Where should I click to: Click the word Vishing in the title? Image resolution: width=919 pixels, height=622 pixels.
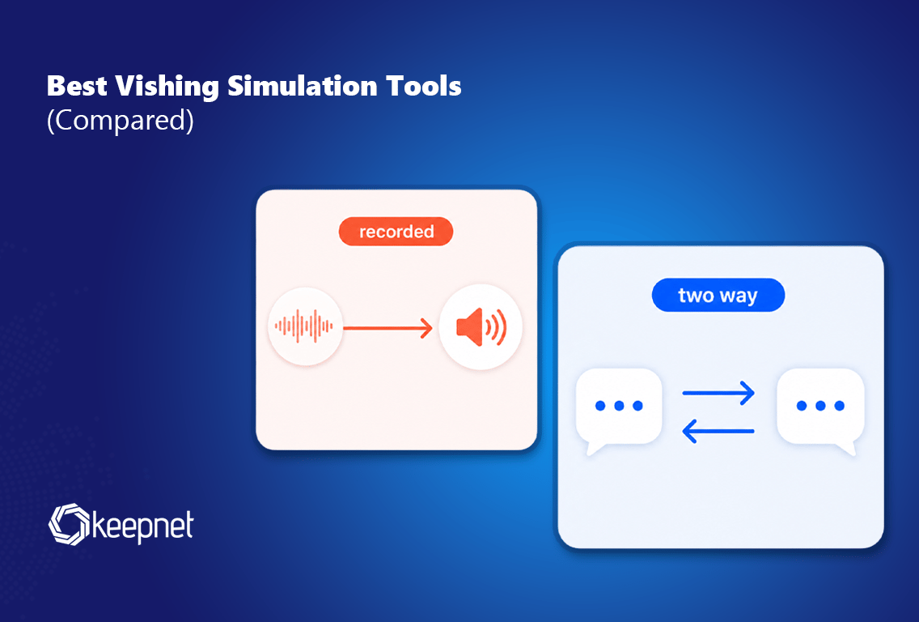pos(167,87)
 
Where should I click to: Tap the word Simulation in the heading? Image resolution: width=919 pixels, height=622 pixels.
pos(303,86)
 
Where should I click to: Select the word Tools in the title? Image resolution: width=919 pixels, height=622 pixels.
pos(424,86)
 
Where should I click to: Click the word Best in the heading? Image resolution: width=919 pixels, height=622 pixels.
pos(77,86)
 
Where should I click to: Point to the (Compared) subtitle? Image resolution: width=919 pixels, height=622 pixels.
pos(121,121)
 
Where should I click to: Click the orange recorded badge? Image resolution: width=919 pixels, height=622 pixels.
pos(396,231)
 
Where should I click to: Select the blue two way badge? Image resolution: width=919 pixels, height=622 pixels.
pos(718,295)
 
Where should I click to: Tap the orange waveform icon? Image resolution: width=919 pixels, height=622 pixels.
pos(304,326)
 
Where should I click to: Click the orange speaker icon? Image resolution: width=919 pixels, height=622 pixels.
pos(481,327)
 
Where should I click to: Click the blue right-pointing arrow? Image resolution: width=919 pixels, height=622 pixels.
pos(718,393)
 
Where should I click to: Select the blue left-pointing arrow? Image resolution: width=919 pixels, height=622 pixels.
pos(718,432)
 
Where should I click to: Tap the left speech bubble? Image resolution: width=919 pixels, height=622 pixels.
pos(619,411)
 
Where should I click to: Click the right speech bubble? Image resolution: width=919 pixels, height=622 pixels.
pos(820,411)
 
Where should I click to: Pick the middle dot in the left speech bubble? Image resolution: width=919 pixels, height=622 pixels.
pos(619,406)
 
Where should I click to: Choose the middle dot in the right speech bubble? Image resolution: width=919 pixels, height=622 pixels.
pos(820,406)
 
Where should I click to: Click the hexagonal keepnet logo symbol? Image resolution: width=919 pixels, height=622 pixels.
pos(69,524)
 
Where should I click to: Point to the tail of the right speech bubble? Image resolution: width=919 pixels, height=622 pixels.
pos(848,449)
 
